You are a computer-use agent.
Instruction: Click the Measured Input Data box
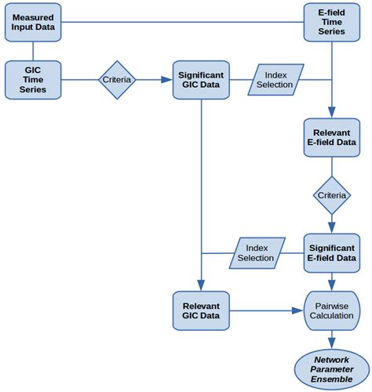click(32, 22)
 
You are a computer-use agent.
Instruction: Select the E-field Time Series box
click(331, 22)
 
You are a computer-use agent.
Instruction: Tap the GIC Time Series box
click(32, 79)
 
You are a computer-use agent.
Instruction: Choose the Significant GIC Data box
click(201, 79)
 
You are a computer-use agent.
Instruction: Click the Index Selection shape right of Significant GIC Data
click(275, 79)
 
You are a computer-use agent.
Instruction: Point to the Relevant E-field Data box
click(331, 137)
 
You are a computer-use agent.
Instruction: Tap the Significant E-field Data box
click(331, 252)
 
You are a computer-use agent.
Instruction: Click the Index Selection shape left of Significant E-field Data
click(255, 252)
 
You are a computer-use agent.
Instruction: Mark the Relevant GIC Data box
click(201, 310)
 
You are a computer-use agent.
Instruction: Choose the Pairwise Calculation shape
click(331, 310)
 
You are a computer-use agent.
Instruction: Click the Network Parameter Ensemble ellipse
click(331, 368)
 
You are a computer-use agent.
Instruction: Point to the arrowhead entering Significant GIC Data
click(167, 79)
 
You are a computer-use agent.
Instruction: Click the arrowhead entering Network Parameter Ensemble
click(331, 343)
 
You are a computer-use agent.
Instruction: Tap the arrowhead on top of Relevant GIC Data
click(201, 285)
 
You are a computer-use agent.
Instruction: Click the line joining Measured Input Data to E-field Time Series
click(181, 22)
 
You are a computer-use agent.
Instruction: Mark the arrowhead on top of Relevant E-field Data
click(331, 112)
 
